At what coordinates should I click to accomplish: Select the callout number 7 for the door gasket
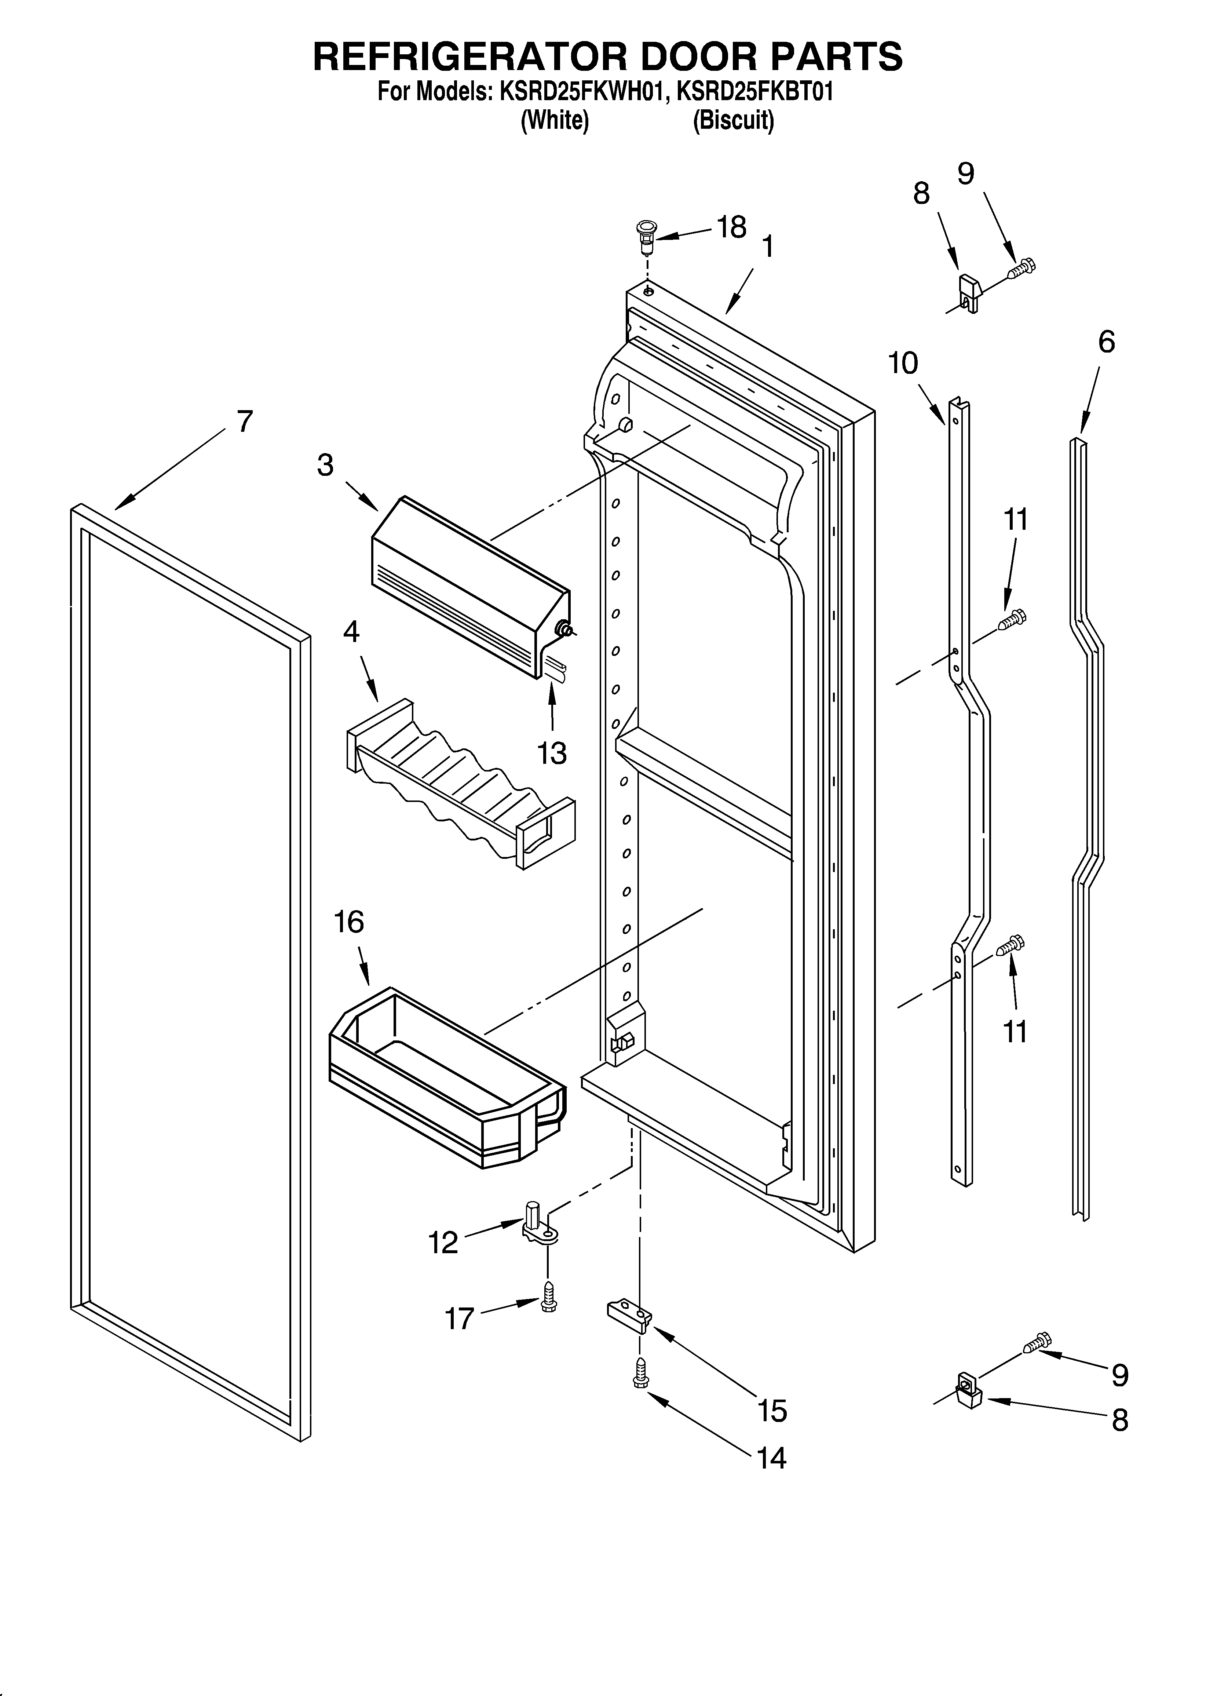pyautogui.click(x=245, y=422)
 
